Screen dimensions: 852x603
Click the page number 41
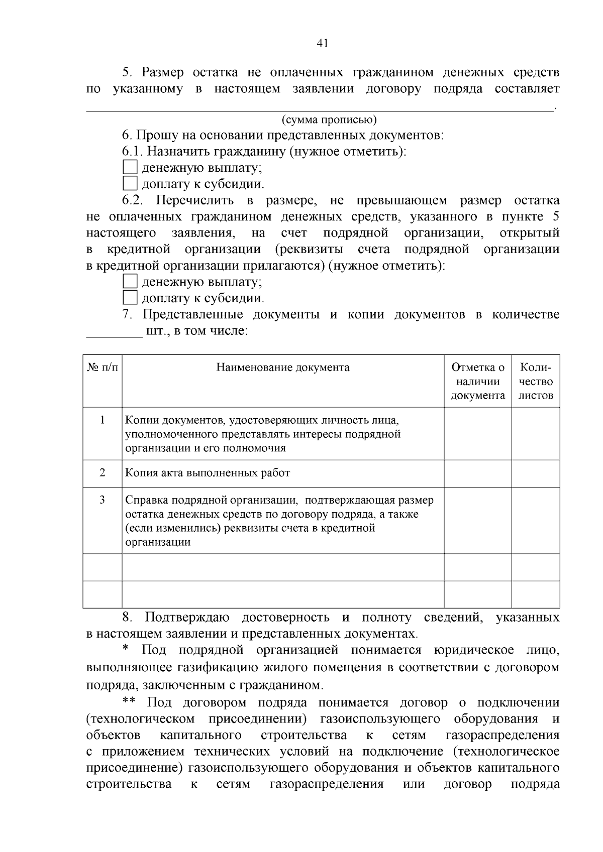[322, 43]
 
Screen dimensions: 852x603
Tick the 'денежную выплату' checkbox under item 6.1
[130, 167]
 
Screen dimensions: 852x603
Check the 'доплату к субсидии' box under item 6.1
[130, 183]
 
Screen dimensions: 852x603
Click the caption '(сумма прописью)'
[329, 119]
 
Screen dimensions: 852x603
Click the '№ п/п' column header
[103, 368]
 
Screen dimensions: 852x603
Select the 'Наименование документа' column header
[283, 368]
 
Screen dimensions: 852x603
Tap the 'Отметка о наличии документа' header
[477, 381]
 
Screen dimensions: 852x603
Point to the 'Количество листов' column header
[536, 381]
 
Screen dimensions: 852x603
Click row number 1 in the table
[103, 420]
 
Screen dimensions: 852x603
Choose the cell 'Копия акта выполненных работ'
[208, 473]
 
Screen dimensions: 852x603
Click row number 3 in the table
[103, 500]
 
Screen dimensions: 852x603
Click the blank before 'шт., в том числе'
[115, 331]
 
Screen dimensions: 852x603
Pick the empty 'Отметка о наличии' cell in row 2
[477, 473]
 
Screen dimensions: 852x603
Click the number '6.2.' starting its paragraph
[133, 201]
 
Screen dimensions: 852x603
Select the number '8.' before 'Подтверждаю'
[127, 618]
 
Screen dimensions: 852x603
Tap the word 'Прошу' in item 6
[154, 136]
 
